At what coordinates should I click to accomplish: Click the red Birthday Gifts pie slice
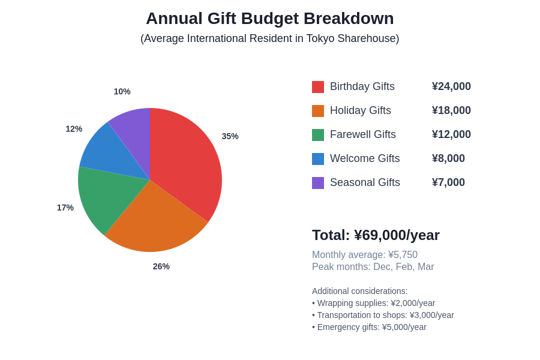(186, 162)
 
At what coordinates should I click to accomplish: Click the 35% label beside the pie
(230, 136)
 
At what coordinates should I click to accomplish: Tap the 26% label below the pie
(161, 266)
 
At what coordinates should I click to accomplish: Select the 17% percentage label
(65, 208)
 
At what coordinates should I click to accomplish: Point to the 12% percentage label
(74, 129)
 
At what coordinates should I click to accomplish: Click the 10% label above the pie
(122, 92)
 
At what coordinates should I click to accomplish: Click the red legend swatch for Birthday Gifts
(318, 87)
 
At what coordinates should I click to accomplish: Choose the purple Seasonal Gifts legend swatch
(318, 183)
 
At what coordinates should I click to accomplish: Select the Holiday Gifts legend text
(360, 110)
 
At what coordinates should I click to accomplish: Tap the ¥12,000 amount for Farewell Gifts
(451, 134)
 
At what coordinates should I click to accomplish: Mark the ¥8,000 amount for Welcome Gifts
(448, 158)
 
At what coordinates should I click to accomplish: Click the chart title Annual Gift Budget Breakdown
(270, 19)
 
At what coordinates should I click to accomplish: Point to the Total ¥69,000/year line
(376, 235)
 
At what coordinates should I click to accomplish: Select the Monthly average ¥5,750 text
(365, 255)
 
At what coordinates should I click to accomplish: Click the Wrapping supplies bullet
(374, 303)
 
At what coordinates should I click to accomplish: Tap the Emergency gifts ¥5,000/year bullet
(370, 327)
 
